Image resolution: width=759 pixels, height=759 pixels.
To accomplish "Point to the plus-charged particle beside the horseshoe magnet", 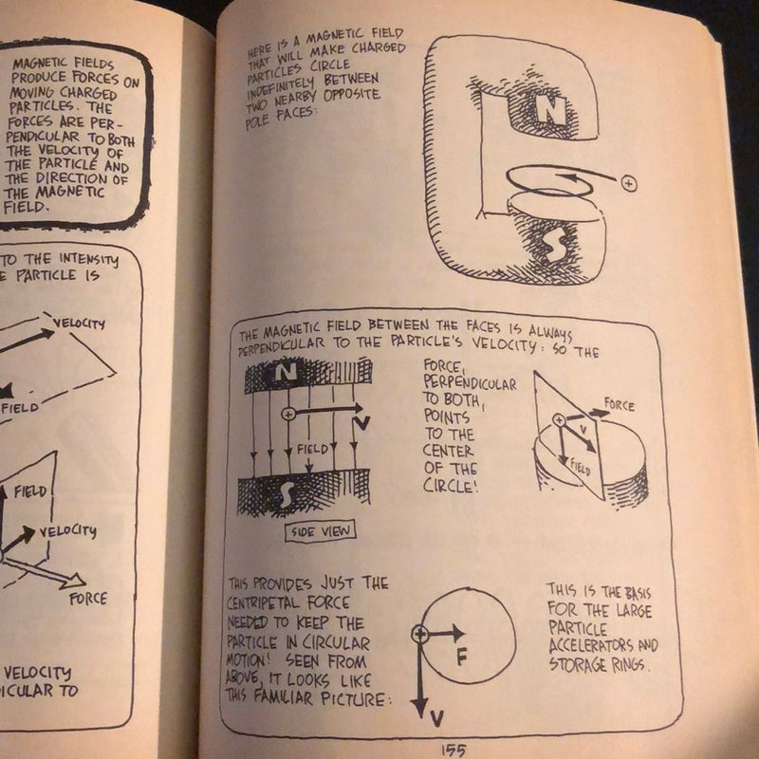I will coord(627,183).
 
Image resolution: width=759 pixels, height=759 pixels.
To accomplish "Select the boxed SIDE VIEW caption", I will coord(318,530).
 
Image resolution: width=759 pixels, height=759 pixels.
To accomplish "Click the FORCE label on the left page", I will coord(87,599).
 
